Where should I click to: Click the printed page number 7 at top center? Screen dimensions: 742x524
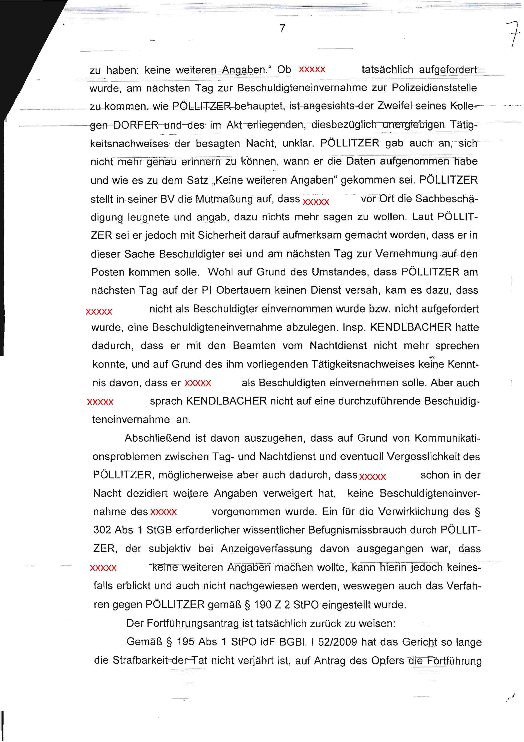click(x=282, y=28)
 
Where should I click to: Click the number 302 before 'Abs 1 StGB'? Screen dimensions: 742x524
click(x=102, y=530)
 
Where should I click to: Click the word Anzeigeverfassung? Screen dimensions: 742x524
click(x=266, y=549)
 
